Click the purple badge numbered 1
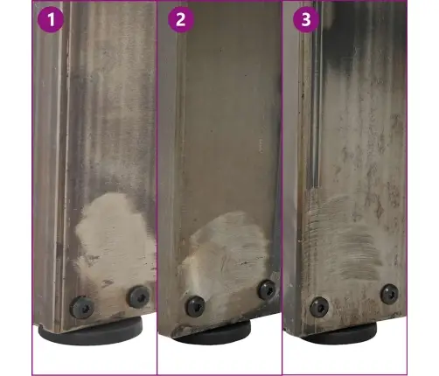pyautogui.click(x=51, y=19)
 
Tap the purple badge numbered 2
pyautogui.click(x=181, y=19)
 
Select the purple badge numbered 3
pyautogui.click(x=306, y=19)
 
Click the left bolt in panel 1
pyautogui.click(x=82, y=307)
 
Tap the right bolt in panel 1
pyautogui.click(x=139, y=296)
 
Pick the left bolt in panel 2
pyautogui.click(x=196, y=306)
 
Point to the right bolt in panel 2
pyautogui.click(x=267, y=289)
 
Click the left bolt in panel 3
pyautogui.click(x=319, y=307)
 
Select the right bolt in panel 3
pyautogui.click(x=389, y=294)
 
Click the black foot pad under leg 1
pyautogui.click(x=91, y=331)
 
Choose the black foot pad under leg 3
pyautogui.click(x=338, y=333)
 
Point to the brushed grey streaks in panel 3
pyautogui.click(x=344, y=239)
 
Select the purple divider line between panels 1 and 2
pyautogui.click(x=157, y=188)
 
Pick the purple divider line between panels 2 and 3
pyautogui.click(x=282, y=188)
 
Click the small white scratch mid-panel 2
pyautogui.click(x=261, y=146)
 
